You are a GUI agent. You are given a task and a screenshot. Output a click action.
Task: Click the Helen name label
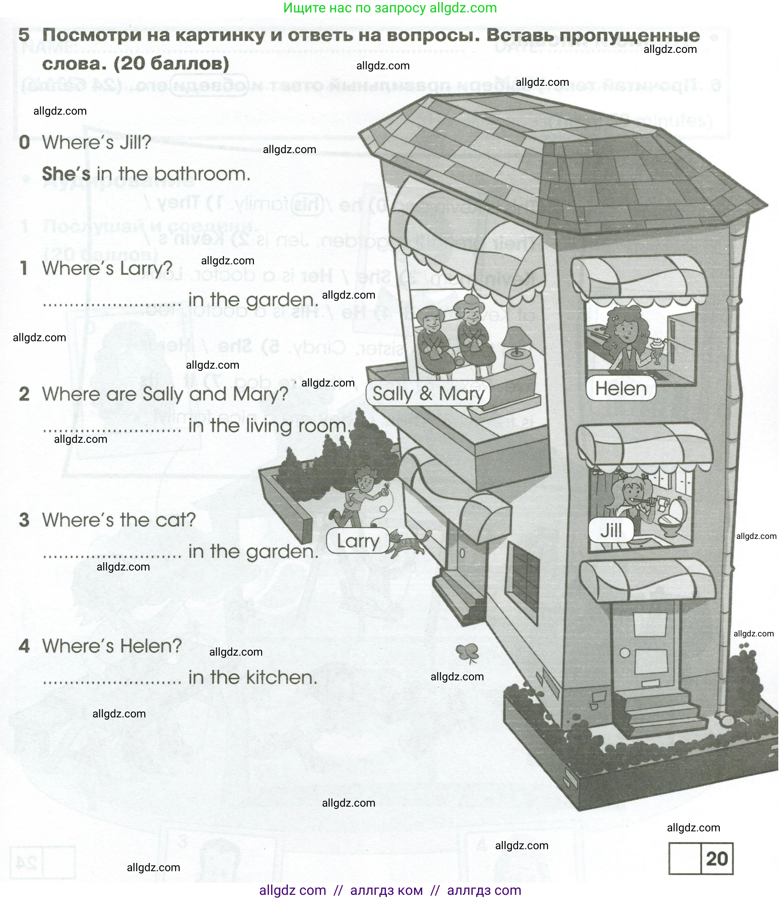(x=621, y=389)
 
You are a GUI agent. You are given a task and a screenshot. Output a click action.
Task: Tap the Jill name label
(x=611, y=530)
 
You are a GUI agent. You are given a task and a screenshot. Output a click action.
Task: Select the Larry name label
(x=358, y=541)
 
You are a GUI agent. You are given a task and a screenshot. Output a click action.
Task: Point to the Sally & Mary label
(x=428, y=394)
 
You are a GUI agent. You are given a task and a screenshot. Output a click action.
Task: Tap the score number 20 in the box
(x=717, y=858)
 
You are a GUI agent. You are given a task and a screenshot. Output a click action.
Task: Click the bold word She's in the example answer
(x=66, y=174)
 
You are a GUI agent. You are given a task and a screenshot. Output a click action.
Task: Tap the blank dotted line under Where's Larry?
(x=112, y=303)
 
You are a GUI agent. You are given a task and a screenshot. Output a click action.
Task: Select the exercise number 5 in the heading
(x=24, y=35)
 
